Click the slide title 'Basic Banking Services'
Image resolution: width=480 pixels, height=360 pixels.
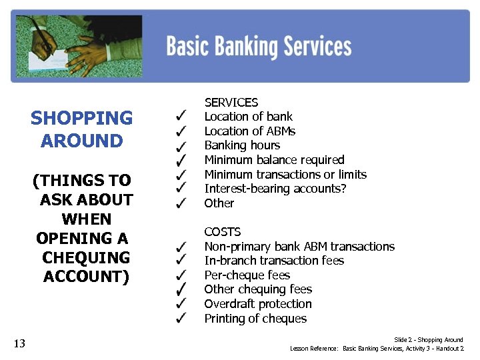[259, 47]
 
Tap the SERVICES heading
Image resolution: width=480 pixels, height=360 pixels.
[231, 102]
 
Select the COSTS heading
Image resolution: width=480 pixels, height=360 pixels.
[222, 231]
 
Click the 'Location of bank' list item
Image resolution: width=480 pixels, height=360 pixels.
[248, 117]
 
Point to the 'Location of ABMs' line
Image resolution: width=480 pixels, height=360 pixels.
[249, 131]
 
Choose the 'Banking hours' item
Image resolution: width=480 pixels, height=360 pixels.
[242, 145]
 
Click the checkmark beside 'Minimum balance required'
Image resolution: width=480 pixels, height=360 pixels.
[180, 160]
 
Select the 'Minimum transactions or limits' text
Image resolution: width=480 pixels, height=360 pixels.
[285, 175]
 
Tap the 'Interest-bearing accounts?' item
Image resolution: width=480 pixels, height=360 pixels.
[271, 189]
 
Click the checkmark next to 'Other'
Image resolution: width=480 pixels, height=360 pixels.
[180, 203]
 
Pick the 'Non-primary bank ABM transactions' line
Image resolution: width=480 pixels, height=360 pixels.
[299, 247]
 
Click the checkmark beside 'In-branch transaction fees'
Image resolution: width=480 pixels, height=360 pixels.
[180, 261]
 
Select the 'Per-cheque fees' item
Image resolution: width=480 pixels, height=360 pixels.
[247, 275]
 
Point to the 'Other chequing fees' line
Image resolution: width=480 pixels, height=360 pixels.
[258, 289]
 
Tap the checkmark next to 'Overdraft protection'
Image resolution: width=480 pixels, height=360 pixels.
[180, 304]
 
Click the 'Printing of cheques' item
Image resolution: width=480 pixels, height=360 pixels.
[255, 319]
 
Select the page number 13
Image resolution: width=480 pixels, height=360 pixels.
[19, 343]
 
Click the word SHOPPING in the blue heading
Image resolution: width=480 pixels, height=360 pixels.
[81, 119]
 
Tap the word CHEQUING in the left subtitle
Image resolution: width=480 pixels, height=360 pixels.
[85, 257]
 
